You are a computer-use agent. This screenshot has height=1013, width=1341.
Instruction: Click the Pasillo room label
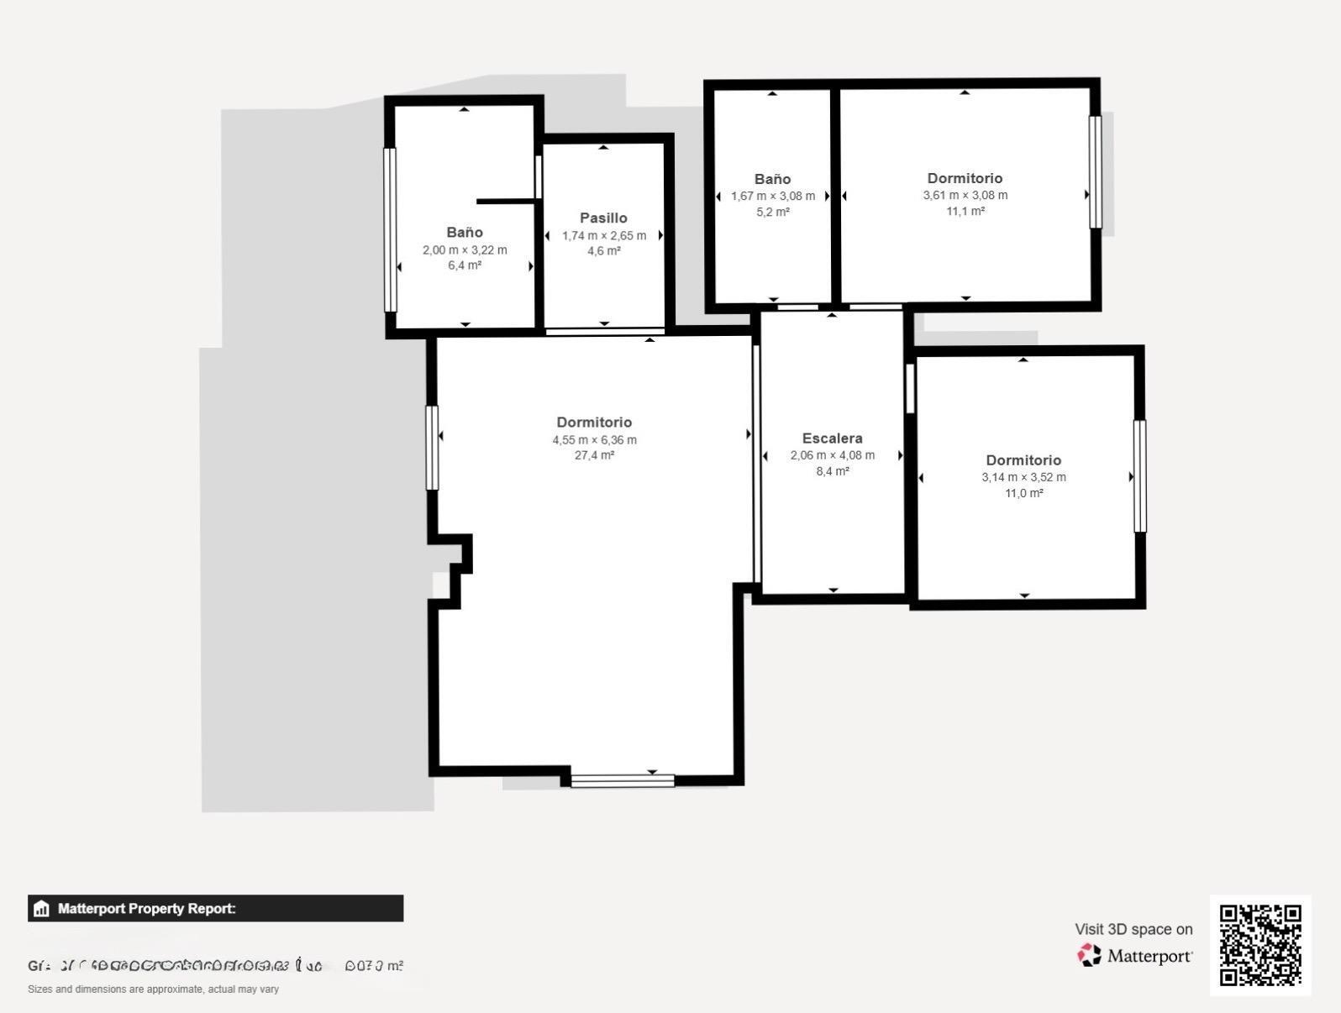tap(603, 218)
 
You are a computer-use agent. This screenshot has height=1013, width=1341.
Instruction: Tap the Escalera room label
tap(832, 438)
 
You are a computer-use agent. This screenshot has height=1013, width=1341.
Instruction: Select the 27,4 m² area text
tap(594, 455)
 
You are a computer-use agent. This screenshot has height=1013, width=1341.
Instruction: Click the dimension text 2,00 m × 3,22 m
tap(465, 249)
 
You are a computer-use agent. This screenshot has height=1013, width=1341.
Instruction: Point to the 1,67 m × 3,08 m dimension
tap(772, 196)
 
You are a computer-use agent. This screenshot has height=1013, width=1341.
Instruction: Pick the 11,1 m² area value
tap(965, 211)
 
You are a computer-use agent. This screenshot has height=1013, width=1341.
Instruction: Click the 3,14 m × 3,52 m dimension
tap(1023, 477)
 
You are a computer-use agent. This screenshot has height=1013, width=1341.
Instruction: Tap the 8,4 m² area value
tap(832, 471)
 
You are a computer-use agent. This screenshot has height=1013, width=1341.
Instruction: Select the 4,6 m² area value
tap(603, 251)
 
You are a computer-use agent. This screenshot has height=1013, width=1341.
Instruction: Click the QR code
tap(1259, 944)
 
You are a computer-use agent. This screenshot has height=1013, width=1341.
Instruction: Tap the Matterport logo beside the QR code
tap(1134, 955)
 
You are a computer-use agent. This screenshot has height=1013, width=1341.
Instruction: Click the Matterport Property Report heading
tap(147, 909)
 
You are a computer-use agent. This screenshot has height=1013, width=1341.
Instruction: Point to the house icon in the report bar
tap(41, 909)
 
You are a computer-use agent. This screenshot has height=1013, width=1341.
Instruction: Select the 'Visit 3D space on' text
tap(1133, 929)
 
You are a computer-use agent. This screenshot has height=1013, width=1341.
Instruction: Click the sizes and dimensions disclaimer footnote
tap(153, 989)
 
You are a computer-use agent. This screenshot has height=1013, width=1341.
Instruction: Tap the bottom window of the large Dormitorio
tap(623, 780)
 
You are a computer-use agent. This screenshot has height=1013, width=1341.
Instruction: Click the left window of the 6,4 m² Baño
tap(390, 229)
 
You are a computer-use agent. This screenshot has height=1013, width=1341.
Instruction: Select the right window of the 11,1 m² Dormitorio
tap(1095, 171)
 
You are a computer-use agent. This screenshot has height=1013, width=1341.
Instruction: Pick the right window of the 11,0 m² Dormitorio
tap(1139, 476)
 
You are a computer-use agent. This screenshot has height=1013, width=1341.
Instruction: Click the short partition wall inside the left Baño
tap(507, 202)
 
